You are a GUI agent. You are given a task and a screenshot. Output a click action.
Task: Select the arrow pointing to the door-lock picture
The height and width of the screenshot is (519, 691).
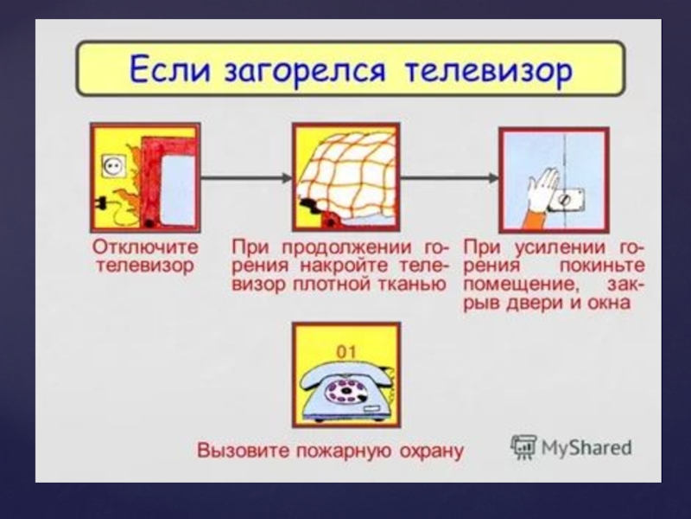tap(449, 178)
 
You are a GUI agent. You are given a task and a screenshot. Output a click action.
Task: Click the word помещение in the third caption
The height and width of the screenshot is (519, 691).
tap(505, 285)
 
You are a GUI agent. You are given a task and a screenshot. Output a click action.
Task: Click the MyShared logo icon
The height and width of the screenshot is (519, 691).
tap(523, 446)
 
